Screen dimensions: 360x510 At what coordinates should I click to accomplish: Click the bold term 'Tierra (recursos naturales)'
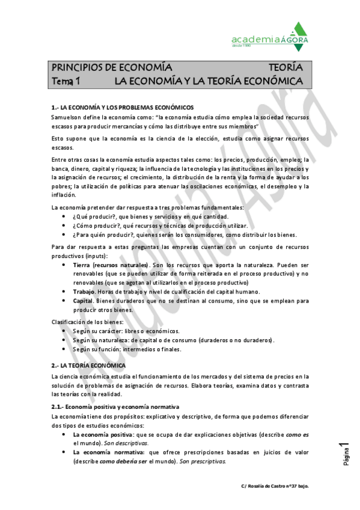pos(111,265)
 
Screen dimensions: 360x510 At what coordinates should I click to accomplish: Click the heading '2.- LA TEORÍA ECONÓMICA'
pos(88,365)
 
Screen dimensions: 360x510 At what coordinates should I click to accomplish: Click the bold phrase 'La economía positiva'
pos(103,434)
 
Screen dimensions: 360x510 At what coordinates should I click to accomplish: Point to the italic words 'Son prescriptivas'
pos(203,461)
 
